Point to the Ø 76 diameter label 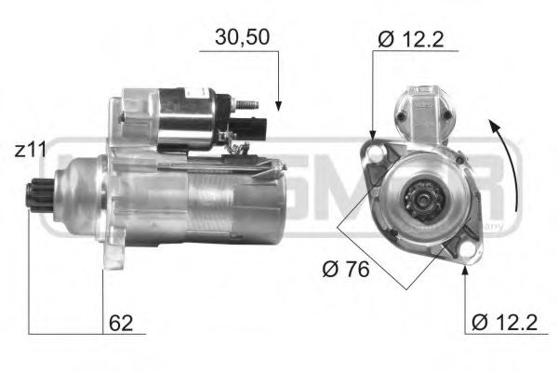pyautogui.click(x=345, y=271)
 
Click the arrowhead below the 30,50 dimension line pyautogui.click(x=277, y=106)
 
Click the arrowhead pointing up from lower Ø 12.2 pyautogui.click(x=463, y=269)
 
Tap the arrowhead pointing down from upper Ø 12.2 pyautogui.click(x=374, y=135)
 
